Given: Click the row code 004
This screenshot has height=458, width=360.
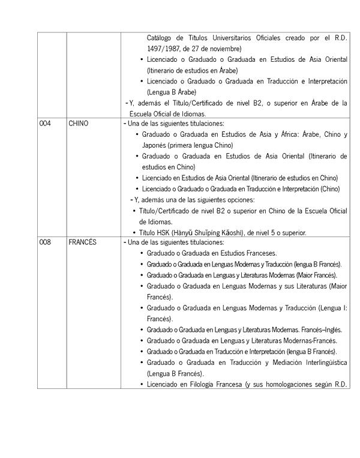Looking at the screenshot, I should tap(45, 124).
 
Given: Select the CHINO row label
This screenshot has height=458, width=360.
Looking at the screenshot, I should tap(79, 124).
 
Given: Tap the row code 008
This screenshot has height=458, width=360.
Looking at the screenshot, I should tap(45, 243).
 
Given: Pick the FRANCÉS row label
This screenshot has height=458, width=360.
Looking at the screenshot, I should tap(82, 243).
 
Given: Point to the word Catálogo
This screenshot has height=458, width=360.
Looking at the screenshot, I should tap(161, 37).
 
